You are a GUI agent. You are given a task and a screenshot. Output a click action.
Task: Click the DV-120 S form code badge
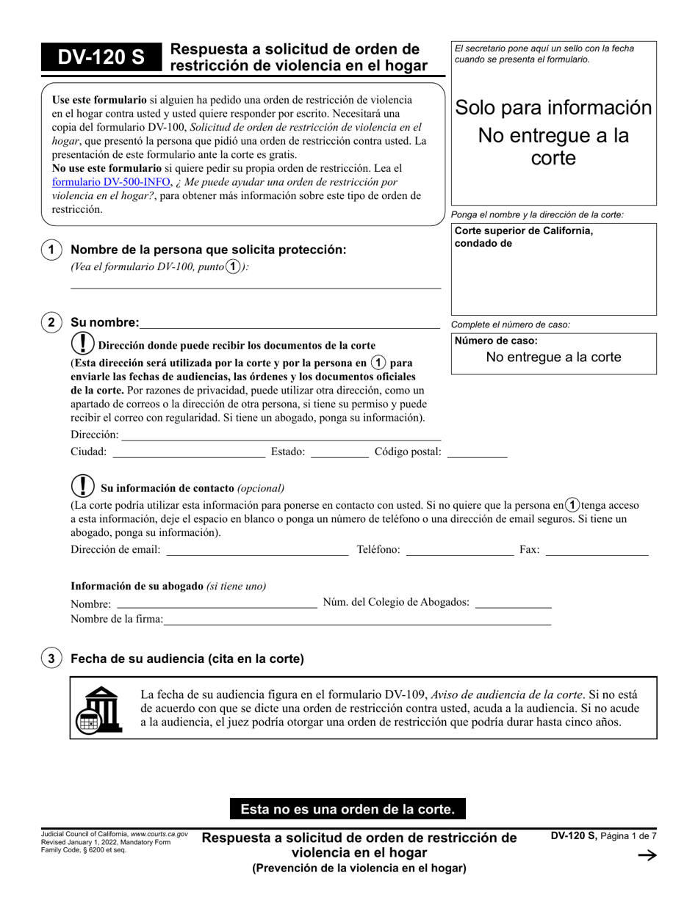point(101,58)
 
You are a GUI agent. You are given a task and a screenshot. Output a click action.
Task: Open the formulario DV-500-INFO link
point(112,182)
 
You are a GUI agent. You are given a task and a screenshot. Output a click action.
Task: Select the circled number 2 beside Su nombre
point(50,322)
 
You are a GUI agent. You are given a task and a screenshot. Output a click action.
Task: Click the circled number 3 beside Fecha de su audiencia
point(50,659)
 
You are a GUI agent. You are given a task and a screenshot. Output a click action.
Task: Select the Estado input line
point(339,453)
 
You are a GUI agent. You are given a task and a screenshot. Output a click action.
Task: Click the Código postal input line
point(477,453)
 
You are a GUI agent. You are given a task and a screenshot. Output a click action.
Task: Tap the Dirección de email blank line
point(257,551)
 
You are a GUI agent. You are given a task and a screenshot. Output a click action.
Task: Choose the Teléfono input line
point(459,551)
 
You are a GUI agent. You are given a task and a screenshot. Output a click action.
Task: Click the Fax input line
point(597,551)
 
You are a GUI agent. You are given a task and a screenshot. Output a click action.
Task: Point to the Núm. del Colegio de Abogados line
point(514,603)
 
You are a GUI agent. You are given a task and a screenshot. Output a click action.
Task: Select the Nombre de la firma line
point(357,620)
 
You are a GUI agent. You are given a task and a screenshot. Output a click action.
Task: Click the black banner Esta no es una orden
point(348,809)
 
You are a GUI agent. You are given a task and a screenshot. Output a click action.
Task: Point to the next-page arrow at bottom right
point(647,855)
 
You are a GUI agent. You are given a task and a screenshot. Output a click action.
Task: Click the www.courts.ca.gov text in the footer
point(159,835)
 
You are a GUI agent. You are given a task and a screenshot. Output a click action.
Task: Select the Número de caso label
point(496,341)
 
